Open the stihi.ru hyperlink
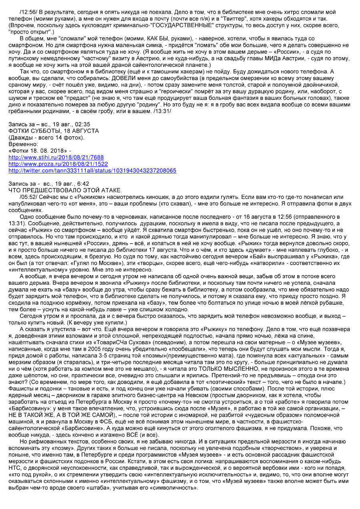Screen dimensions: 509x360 (x=56, y=158)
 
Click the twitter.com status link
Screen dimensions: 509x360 (x=92, y=170)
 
